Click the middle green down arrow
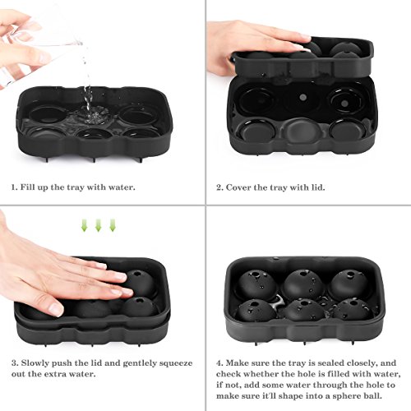pos(99,225)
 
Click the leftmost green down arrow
pos(85,225)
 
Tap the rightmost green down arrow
pos(113,225)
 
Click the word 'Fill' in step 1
pos(27,187)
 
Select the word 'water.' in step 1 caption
pos(122,187)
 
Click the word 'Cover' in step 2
pos(238,187)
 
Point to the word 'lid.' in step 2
pos(318,187)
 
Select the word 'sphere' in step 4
pos(341,396)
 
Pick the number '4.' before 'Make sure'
pos(219,363)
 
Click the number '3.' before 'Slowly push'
pos(15,363)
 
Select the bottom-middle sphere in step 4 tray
pos(304,310)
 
